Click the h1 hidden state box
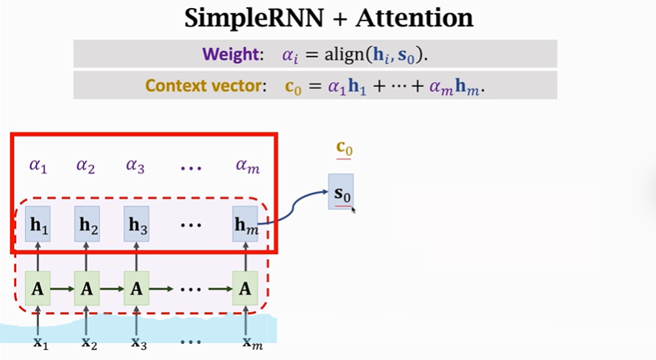38,225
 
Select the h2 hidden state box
87,225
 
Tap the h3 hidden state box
135,225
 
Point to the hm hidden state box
245,225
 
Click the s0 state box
341,192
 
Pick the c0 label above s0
344,149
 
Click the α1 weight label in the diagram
38,166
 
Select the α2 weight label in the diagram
86,166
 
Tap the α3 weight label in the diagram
135,166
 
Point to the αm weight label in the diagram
247,166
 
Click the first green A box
38,289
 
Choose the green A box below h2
87,289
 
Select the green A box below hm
245,289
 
